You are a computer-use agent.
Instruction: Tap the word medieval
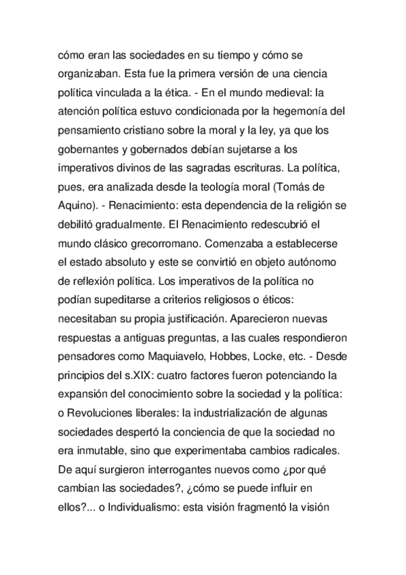[x=283, y=93]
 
